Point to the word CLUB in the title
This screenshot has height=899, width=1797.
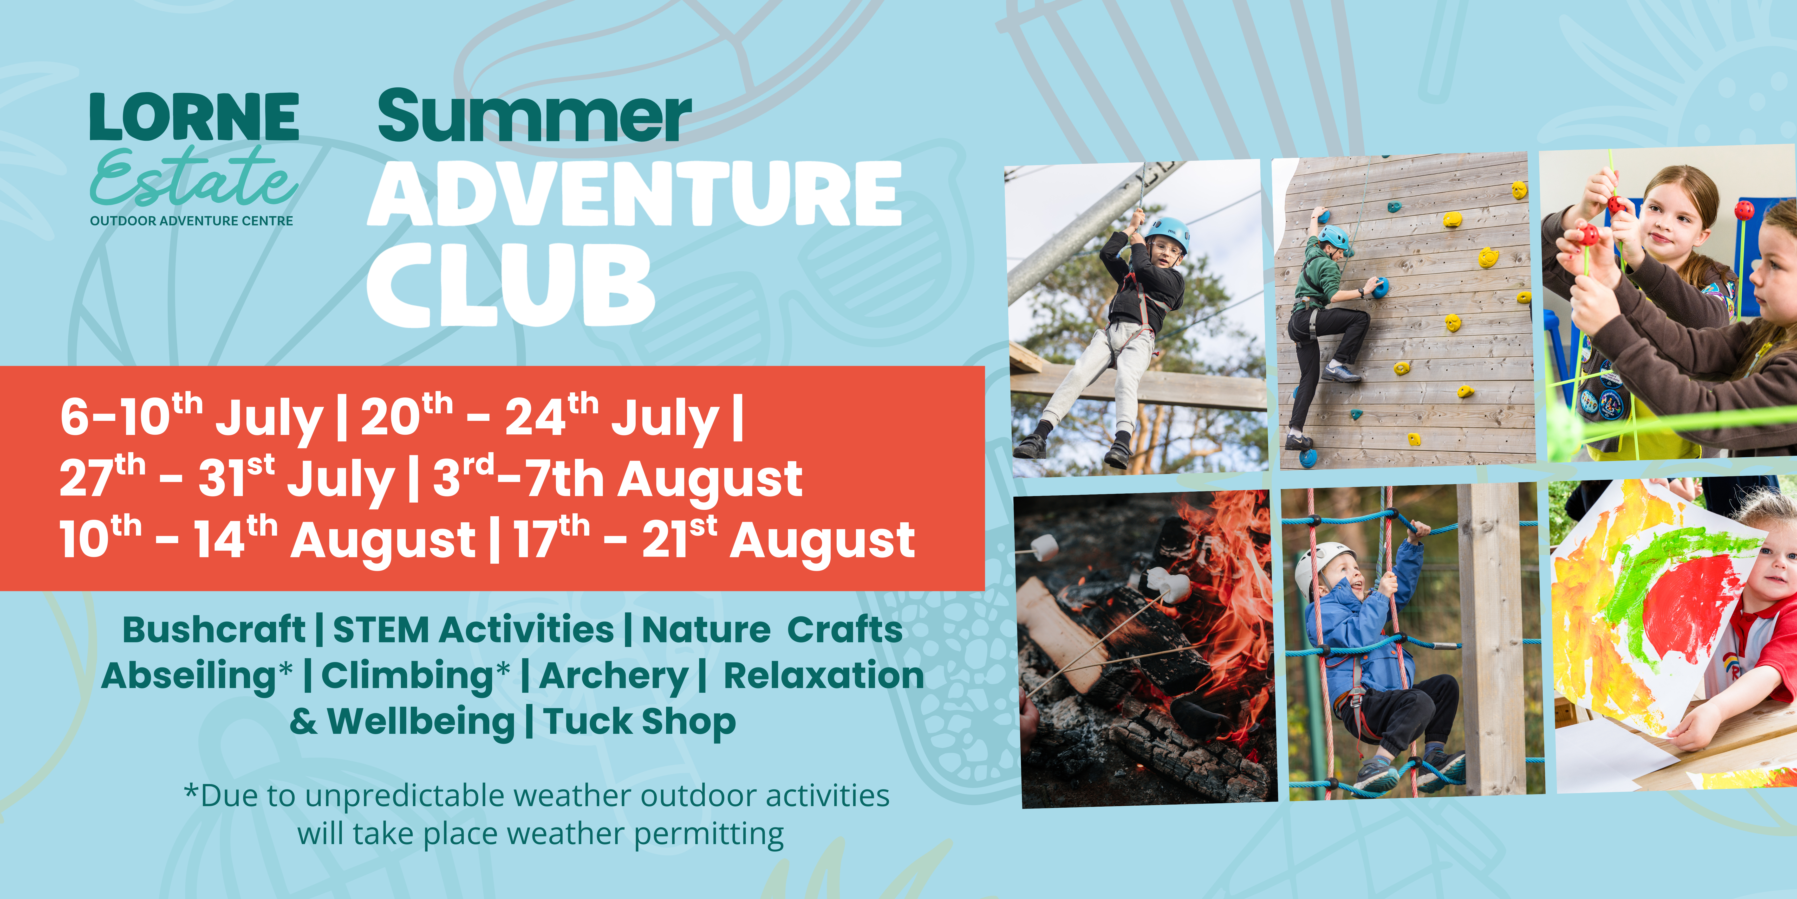click(x=511, y=285)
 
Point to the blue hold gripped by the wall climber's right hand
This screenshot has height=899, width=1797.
click(x=1379, y=286)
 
